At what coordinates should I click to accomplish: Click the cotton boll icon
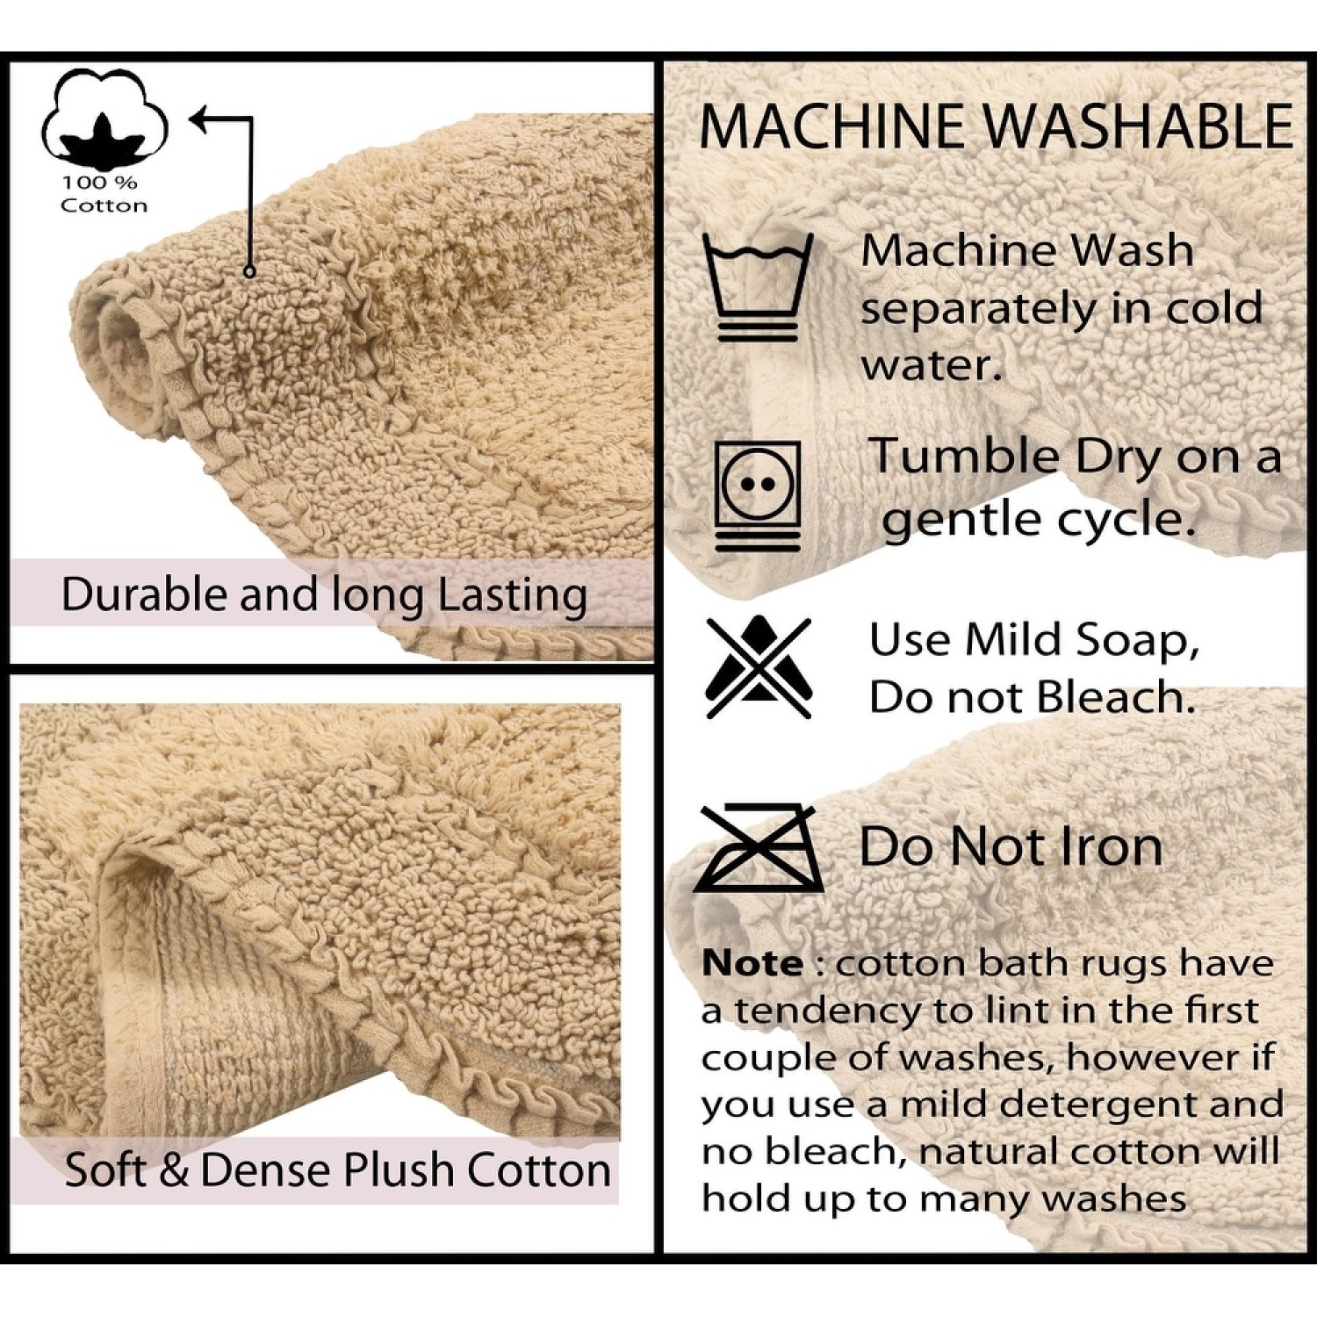click(104, 117)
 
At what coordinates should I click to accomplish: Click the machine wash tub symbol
click(759, 286)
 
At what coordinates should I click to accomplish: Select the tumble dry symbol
click(758, 496)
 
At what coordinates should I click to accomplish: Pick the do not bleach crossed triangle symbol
click(759, 667)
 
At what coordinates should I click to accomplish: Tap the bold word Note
click(752, 963)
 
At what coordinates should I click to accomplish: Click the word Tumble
click(965, 457)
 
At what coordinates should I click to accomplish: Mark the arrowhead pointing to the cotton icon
click(201, 119)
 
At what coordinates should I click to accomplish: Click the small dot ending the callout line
click(249, 272)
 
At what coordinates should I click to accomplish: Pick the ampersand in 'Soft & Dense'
click(174, 1170)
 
